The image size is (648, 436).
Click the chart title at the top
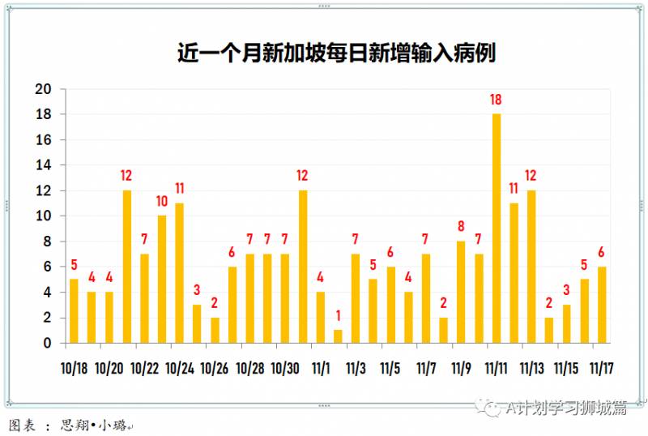(336, 53)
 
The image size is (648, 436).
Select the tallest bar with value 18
(496, 229)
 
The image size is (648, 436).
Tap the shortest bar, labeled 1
(338, 336)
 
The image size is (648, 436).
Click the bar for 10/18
(74, 311)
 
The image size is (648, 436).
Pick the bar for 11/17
(602, 305)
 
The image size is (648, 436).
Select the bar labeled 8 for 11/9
(461, 292)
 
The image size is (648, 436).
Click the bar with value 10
(162, 280)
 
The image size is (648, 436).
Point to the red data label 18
(496, 100)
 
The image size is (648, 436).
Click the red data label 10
(162, 202)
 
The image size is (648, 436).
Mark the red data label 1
(338, 316)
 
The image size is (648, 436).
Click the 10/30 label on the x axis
(285, 369)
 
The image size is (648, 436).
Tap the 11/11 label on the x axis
(496, 369)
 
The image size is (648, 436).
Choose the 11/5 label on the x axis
(390, 369)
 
